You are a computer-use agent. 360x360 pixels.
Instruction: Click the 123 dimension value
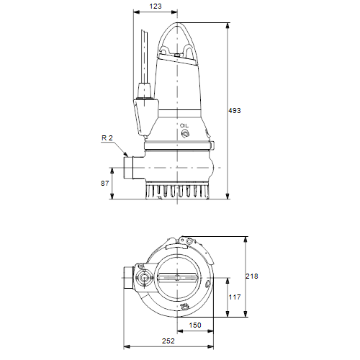(x=156, y=6)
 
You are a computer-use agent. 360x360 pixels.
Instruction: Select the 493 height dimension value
(x=235, y=110)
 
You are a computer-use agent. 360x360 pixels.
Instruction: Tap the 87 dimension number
(x=105, y=184)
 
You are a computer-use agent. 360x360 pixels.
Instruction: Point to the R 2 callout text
(x=107, y=138)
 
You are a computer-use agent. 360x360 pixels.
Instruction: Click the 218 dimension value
(x=252, y=276)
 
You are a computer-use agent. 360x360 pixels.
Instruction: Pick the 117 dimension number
(x=235, y=297)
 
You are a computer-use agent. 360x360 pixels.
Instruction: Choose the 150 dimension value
(x=195, y=325)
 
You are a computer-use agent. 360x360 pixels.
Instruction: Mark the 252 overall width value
(x=168, y=341)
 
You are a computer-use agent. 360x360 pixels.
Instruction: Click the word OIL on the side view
(x=184, y=125)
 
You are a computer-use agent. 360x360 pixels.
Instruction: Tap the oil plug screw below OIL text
(x=185, y=133)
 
